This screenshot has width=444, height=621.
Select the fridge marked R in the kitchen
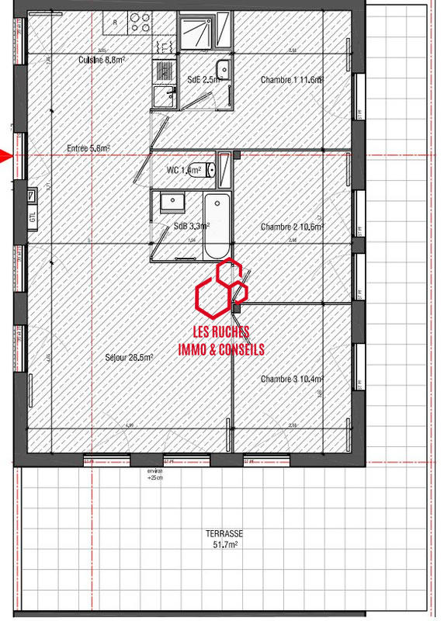tap(116, 23)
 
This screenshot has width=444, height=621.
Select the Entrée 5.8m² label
tap(88, 147)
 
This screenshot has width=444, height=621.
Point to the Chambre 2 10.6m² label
tap(292, 227)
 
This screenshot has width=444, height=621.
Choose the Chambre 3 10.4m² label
tap(292, 379)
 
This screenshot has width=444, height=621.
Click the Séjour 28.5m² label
tap(129, 358)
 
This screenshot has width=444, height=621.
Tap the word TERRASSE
tap(225, 534)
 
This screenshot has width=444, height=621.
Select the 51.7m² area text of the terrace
tap(225, 546)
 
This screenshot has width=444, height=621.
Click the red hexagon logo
tap(221, 291)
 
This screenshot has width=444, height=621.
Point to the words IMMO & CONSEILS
tap(221, 350)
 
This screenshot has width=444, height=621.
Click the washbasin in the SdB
tap(170, 203)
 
